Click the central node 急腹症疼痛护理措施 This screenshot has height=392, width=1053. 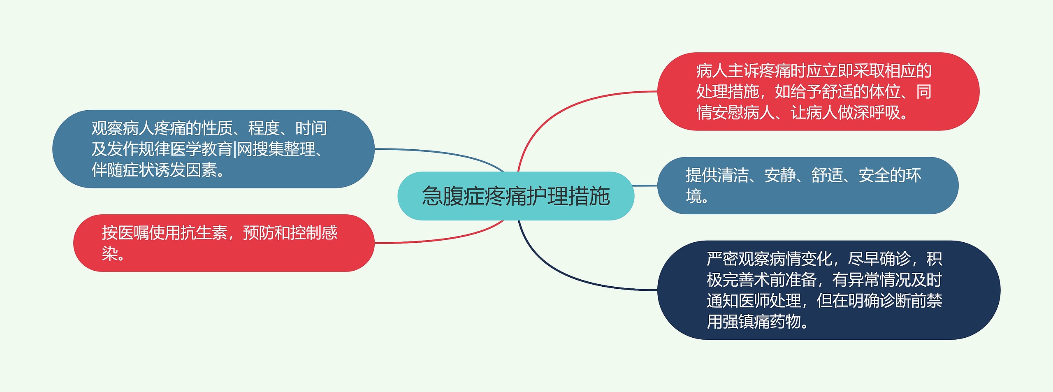click(x=515, y=196)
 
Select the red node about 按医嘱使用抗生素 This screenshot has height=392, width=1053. click(x=224, y=243)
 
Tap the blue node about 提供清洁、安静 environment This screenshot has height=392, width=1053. click(x=807, y=186)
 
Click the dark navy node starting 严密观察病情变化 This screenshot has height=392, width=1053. click(x=828, y=290)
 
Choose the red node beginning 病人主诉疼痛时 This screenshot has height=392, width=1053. click(x=818, y=91)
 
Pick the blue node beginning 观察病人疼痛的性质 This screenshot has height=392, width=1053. click(x=213, y=149)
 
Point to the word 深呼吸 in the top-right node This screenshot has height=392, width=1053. click(x=876, y=112)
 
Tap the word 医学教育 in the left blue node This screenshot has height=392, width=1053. click(x=201, y=149)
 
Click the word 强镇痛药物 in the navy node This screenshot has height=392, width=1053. click(x=761, y=322)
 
